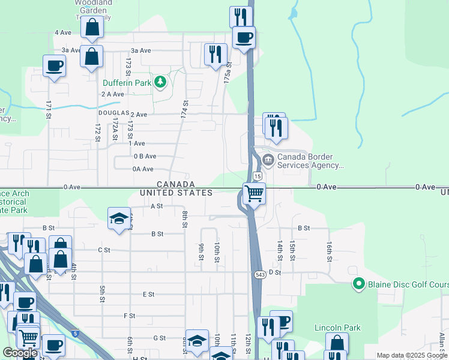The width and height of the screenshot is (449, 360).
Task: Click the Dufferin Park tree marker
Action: [x=160, y=82]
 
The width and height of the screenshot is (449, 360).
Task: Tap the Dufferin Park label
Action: [x=126, y=83]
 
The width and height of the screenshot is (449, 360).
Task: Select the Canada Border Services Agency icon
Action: [x=268, y=160]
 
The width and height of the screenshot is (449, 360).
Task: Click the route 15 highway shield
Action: [x=257, y=176]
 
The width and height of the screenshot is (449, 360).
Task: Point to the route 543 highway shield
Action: [x=259, y=274]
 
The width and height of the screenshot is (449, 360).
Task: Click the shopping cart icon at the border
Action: [x=254, y=193]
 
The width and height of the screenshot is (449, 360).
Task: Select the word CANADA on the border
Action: [x=176, y=184]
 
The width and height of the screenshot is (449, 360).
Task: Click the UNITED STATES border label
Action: [x=176, y=193]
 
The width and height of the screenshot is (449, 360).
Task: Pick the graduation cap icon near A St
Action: [x=119, y=218]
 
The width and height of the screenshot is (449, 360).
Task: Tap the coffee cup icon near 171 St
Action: [x=53, y=65]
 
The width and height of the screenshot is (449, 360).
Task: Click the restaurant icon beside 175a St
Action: [x=215, y=54]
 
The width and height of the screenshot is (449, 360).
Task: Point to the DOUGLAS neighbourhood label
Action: [x=114, y=113]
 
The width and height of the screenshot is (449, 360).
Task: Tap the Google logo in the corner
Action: [x=20, y=352]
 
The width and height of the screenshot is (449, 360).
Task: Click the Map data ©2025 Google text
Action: [x=412, y=355]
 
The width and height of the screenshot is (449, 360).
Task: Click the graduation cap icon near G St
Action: [x=196, y=340]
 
